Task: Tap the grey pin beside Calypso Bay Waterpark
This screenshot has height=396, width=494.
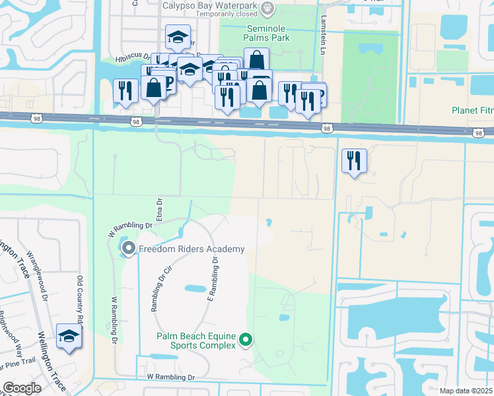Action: pos(267,9)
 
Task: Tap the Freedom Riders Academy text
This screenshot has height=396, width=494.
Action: pos(192,249)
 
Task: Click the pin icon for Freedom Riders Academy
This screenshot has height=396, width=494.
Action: pos(128,249)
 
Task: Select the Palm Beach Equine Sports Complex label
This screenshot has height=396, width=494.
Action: pos(195,340)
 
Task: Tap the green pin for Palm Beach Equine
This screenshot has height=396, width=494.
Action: pos(246,340)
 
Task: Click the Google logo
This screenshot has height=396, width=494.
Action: pos(21,388)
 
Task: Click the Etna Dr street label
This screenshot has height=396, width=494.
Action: pos(159,211)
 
